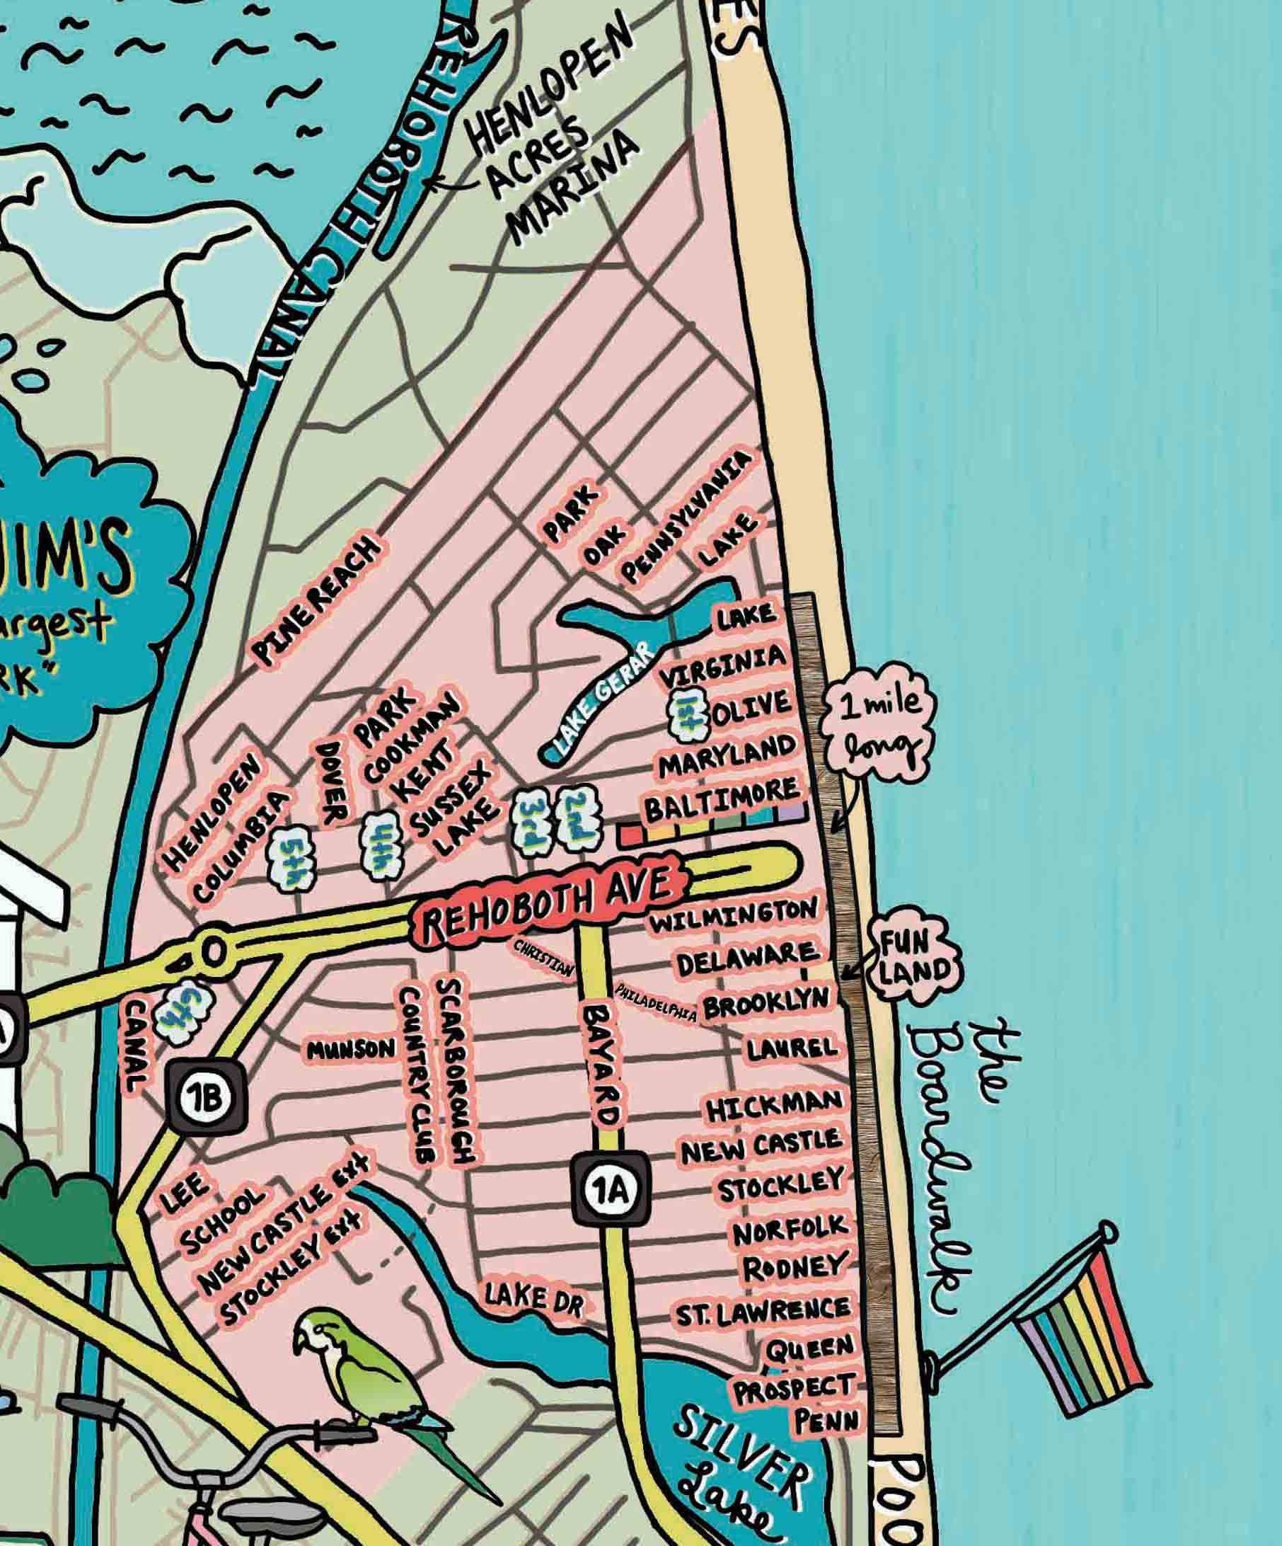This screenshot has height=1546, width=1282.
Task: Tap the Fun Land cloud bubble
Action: click(x=915, y=960)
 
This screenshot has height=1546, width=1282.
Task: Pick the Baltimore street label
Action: click(x=721, y=800)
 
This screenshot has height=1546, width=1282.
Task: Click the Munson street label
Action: click(x=351, y=1050)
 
